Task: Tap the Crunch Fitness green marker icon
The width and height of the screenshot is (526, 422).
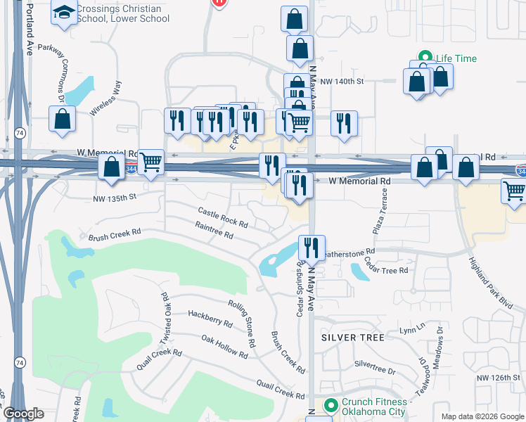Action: click(x=331, y=406)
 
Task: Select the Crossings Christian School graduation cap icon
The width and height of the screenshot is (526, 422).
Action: click(x=64, y=13)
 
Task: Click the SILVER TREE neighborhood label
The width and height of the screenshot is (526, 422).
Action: click(x=353, y=338)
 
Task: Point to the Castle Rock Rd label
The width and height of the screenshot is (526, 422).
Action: click(x=223, y=217)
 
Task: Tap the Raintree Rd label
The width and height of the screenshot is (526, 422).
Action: click(x=214, y=231)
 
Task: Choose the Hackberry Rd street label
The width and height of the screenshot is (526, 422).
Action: click(x=210, y=318)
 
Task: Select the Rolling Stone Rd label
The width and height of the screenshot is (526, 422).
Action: click(x=240, y=324)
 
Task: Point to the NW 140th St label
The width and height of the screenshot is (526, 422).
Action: click(x=341, y=82)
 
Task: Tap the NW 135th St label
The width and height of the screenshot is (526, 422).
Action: click(x=114, y=198)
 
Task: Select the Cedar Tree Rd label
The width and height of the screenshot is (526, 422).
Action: click(x=386, y=266)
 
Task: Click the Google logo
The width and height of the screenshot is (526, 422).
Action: click(x=23, y=414)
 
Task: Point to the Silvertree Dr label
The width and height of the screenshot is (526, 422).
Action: click(x=375, y=366)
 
